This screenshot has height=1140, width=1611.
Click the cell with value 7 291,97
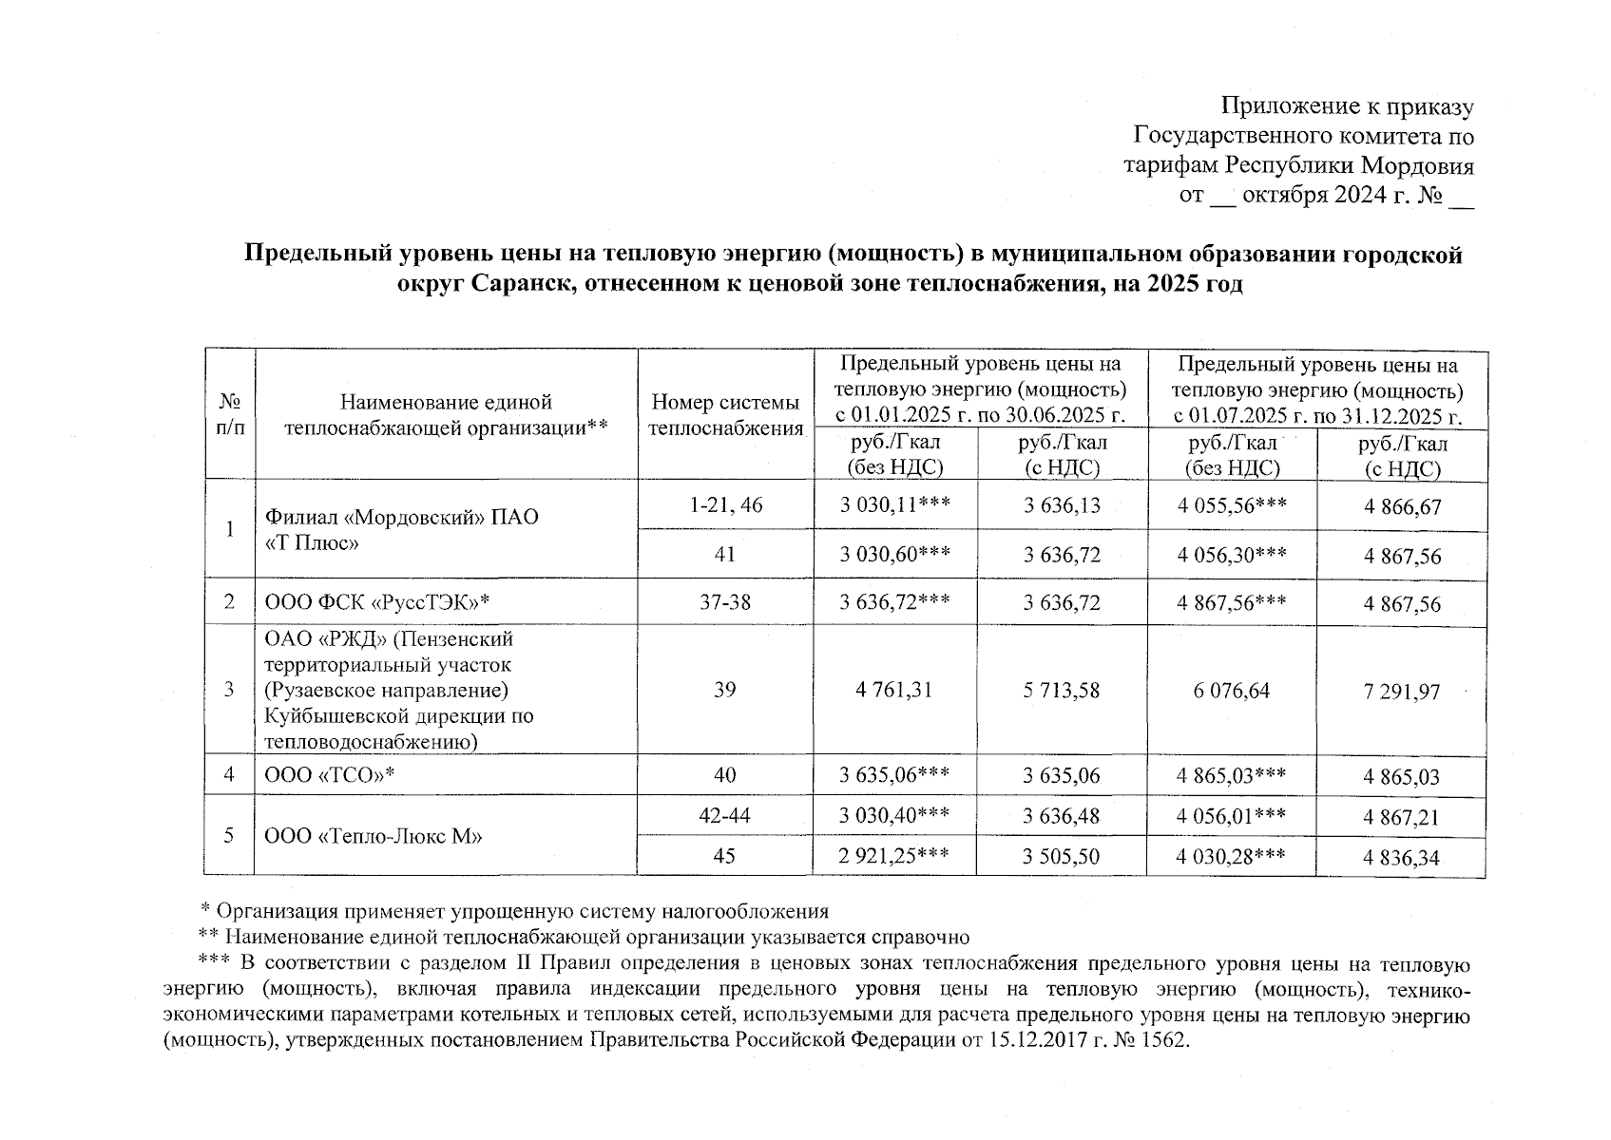pos(1402,692)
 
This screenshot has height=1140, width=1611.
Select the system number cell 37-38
pos(725,602)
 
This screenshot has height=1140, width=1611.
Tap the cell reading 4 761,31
pos(894,690)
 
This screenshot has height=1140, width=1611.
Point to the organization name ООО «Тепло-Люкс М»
pos(374,836)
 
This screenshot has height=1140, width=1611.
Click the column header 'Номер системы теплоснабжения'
pos(725,415)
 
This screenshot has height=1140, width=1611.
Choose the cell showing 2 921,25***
pos(894,856)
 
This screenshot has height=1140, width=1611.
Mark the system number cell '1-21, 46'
pos(725,505)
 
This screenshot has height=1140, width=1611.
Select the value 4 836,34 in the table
pos(1402,858)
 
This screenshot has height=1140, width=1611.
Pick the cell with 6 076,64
pos(1232,691)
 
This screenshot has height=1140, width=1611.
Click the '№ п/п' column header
pos(229,415)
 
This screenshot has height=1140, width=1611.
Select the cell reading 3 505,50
pos(1062,857)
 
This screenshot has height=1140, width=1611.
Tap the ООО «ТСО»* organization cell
pos(330,775)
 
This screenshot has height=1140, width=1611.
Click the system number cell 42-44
pos(725,815)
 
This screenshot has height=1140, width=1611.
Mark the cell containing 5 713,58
pos(1062,691)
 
